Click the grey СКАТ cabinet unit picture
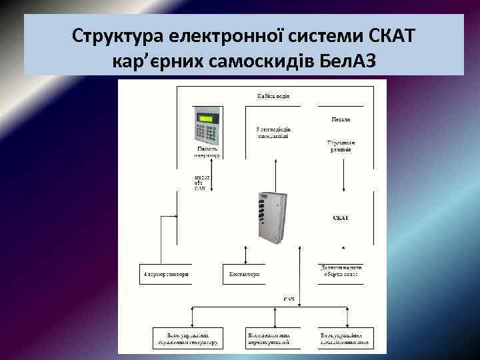(273, 217)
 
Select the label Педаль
(341, 120)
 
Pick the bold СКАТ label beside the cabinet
(340, 218)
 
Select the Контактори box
(244, 274)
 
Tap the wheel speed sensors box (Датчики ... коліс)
(341, 270)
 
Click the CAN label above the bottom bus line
(289, 299)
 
